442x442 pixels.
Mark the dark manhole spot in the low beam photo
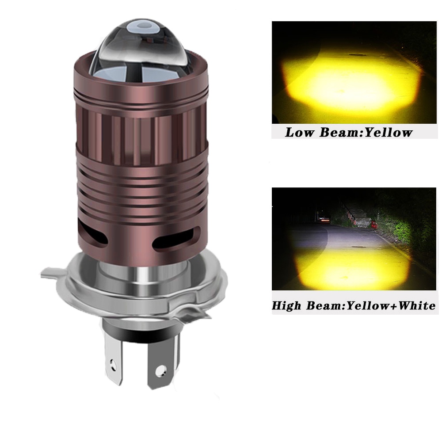pos(356,55)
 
